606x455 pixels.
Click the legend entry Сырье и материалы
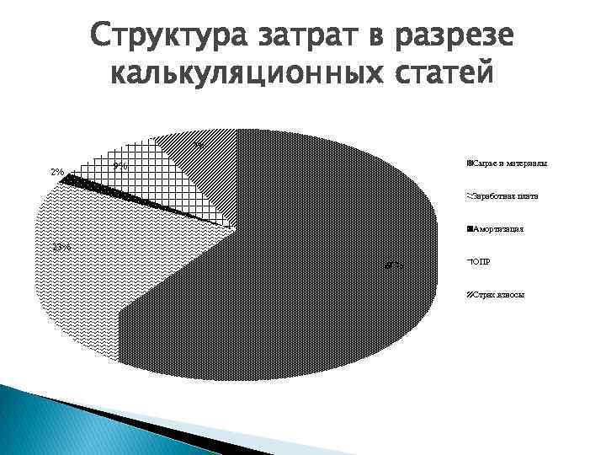pos(510,163)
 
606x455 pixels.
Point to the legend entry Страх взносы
pos(498,296)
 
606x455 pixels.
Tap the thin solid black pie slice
pos(126,192)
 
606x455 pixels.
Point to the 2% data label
pos(56,173)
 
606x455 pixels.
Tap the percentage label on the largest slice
pos(395,265)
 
